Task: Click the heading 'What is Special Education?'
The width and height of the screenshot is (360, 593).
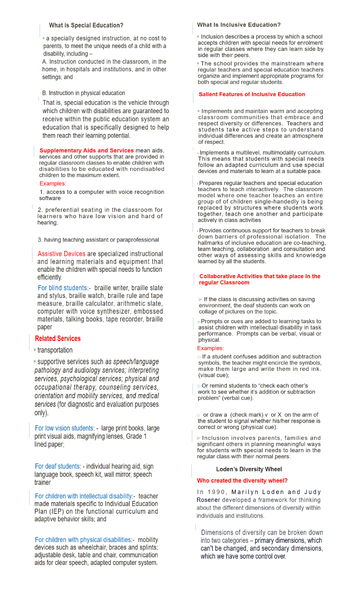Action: click(86, 26)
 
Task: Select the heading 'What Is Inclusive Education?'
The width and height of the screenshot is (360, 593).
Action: click(239, 25)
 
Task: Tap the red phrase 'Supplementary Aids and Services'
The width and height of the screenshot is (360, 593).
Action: click(86, 150)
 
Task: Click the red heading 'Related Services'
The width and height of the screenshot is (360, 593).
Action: click(58, 339)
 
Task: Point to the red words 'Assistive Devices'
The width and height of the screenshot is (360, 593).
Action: click(61, 254)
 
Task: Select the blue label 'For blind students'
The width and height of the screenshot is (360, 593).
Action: click(62, 288)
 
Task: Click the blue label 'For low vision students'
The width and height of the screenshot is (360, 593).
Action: click(64, 428)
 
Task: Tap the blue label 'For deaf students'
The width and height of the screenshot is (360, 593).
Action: click(57, 466)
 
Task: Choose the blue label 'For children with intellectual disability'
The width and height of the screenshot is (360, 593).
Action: click(83, 496)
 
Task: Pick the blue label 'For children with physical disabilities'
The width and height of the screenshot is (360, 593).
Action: click(83, 540)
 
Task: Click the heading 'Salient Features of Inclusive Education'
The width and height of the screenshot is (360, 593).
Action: click(252, 94)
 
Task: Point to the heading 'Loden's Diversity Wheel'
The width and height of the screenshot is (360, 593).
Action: click(249, 469)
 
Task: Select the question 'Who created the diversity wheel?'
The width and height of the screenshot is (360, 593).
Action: click(242, 481)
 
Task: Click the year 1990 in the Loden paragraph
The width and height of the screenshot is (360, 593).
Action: click(216, 492)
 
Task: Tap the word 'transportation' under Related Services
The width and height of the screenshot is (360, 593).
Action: click(55, 350)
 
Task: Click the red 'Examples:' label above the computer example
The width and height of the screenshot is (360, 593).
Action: click(53, 184)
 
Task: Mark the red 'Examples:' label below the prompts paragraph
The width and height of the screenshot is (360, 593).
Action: click(210, 348)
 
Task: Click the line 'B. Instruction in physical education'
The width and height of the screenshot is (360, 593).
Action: click(84, 93)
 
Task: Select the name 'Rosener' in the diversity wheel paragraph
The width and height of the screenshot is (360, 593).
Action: click(208, 500)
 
